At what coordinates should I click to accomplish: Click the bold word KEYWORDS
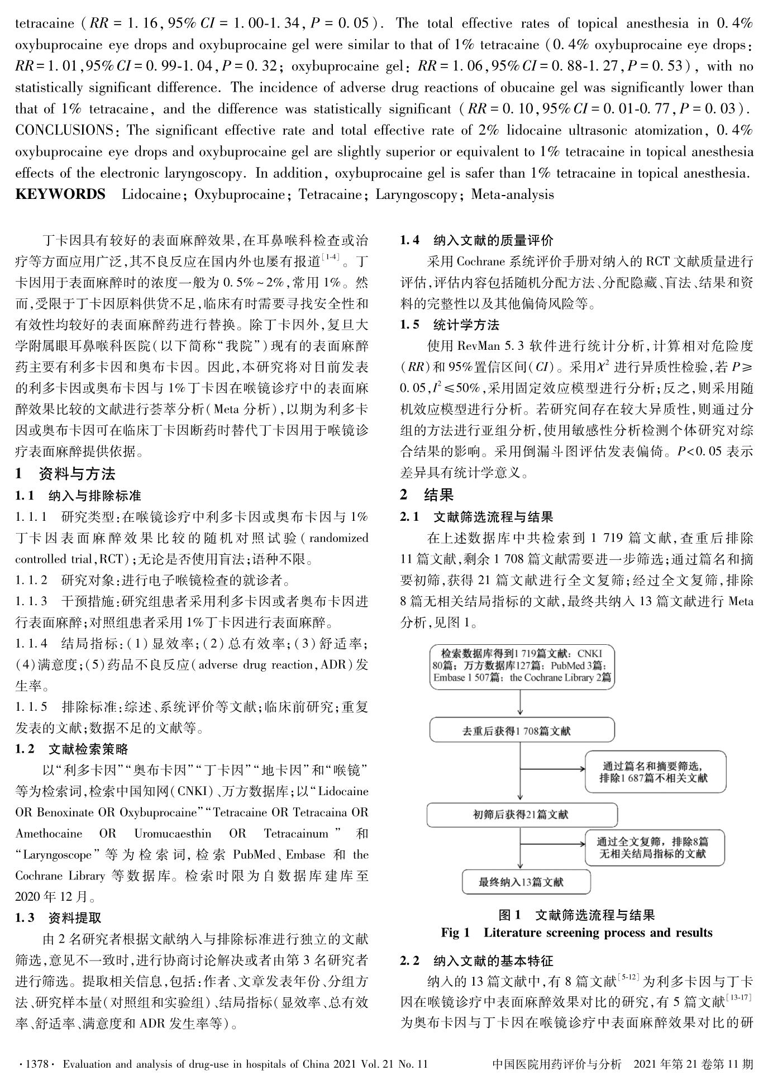coord(60,194)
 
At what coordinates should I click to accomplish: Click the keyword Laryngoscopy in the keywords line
coord(416,194)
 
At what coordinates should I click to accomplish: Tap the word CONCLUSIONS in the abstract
coord(64,130)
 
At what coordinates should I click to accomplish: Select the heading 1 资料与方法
coord(65,474)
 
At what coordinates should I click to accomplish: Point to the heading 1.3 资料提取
coord(58,917)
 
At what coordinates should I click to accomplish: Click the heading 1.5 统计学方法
coord(450,325)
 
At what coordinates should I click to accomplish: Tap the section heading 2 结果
coord(427,494)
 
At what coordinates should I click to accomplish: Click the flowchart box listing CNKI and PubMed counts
coord(522,665)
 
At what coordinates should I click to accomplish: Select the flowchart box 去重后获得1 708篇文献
coord(522,730)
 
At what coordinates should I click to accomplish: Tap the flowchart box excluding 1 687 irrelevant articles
coord(655,771)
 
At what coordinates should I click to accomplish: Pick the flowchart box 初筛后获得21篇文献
coord(522,815)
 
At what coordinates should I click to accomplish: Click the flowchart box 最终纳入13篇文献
coord(526,882)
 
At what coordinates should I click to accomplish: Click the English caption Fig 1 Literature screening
coord(576,933)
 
